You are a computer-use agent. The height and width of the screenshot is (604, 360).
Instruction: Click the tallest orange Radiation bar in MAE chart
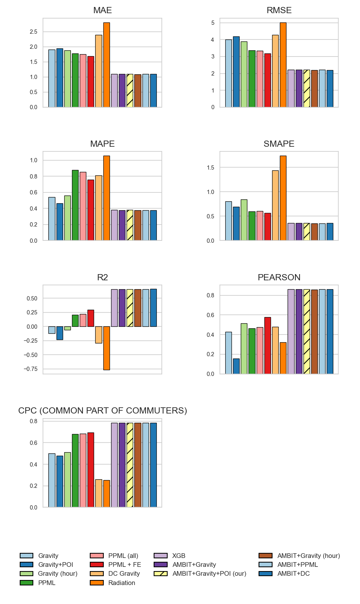tap(106, 65)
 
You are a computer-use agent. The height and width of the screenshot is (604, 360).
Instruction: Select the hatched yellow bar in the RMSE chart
tap(307, 89)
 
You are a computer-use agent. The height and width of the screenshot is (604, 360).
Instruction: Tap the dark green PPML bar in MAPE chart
tap(75, 205)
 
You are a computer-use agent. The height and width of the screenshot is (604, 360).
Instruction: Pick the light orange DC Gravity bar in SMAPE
tap(275, 206)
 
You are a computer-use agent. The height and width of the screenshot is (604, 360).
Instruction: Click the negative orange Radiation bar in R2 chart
tap(106, 348)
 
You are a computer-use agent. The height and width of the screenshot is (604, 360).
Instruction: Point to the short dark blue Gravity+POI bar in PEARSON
tap(236, 366)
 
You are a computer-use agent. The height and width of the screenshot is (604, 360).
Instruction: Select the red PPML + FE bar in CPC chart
tap(91, 470)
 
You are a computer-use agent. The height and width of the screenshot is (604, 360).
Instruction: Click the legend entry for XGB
tap(178, 556)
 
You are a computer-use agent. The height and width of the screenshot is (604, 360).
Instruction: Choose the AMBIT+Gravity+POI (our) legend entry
tap(209, 573)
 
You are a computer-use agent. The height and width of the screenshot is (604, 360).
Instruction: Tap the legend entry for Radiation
tap(122, 583)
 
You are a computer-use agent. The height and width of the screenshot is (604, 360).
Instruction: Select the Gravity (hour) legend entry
tap(58, 573)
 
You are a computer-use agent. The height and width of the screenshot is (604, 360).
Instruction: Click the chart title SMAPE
tap(279, 144)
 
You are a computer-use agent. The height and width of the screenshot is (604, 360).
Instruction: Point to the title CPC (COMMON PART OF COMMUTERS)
tap(103, 410)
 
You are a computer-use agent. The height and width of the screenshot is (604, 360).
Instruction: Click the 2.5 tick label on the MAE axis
tap(34, 32)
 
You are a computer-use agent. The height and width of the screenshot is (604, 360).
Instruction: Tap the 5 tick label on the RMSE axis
tap(213, 23)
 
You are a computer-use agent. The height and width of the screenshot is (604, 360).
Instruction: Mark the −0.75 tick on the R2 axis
tap(31, 369)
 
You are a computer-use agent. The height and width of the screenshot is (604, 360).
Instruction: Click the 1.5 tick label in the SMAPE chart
tap(210, 168)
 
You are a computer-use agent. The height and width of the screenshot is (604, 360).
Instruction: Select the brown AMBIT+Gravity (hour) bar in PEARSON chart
tap(314, 332)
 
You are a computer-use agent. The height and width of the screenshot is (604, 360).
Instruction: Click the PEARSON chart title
tap(279, 277)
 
